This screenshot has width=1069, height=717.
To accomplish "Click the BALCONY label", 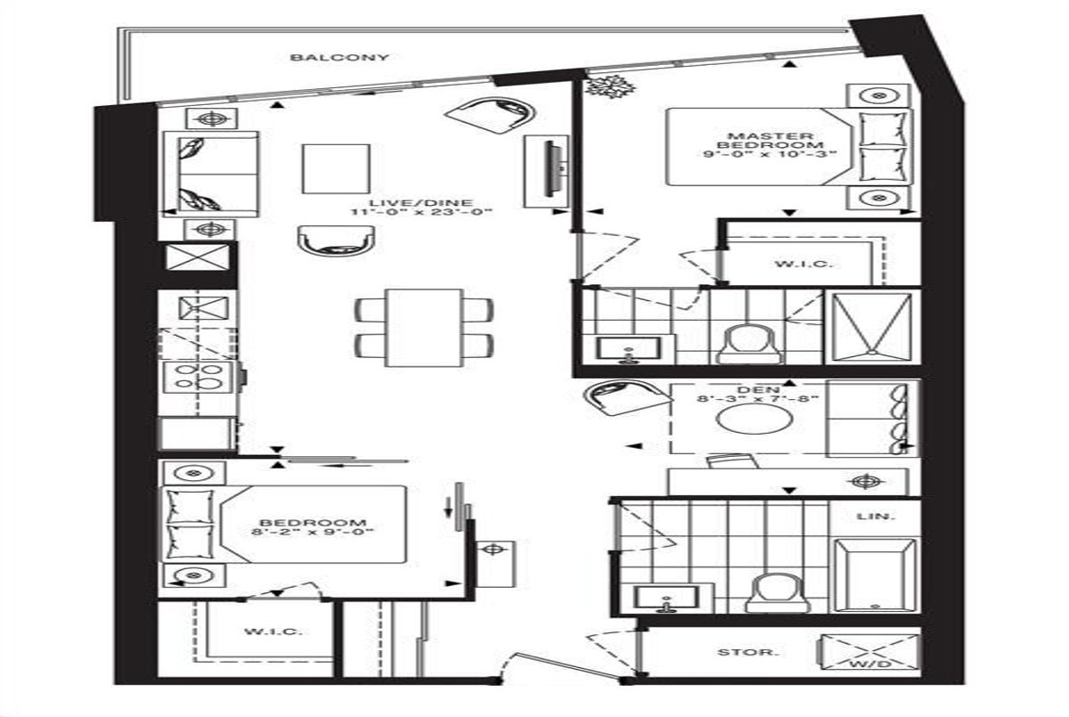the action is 339,58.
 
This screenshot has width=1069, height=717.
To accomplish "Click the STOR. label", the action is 747,652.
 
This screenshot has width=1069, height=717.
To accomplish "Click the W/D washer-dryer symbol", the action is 869,652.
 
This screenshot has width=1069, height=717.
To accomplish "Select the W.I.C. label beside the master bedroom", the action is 804,264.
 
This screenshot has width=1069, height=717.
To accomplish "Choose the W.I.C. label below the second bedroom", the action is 273,631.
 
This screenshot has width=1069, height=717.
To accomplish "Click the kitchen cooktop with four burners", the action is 198,377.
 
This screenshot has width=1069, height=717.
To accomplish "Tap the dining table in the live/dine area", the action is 424,327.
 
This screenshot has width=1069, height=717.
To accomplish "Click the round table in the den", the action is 755,420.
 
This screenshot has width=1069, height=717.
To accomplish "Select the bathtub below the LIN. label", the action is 875,575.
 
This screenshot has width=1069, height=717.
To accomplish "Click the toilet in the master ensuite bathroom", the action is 749,345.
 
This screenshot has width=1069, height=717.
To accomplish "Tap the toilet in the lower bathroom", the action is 778,593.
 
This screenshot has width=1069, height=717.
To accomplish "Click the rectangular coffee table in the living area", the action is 336,169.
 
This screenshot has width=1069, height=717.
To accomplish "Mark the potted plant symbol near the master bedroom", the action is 610,86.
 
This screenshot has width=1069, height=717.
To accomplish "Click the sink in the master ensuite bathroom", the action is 629,349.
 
